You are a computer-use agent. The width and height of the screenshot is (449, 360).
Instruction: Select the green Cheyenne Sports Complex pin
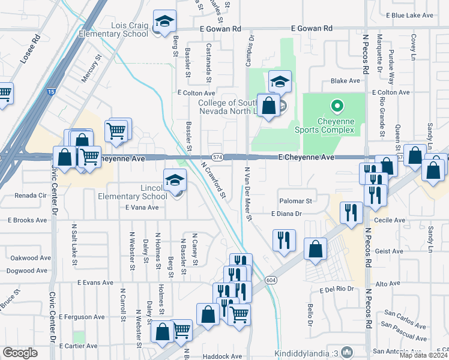tap(337, 107)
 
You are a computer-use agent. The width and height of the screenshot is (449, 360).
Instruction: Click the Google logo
tap(20, 353)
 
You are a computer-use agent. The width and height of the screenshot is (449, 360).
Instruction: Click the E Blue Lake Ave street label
tap(410, 15)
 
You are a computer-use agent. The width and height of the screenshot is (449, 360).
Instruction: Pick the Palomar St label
tap(295, 201)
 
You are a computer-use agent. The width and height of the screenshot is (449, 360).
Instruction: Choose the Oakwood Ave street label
tap(29, 258)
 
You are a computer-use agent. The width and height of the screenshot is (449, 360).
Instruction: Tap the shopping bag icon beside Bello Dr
tap(315, 249)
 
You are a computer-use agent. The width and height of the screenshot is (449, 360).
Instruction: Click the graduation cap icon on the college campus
tap(280, 81)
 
